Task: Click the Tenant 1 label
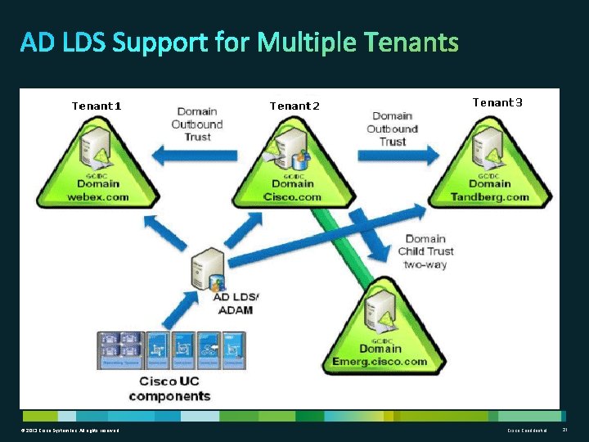point(97,106)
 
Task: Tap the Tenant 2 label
point(294,106)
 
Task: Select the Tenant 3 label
point(497,102)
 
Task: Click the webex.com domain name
point(98,196)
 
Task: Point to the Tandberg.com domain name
point(490,196)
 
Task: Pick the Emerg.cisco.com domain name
point(380,361)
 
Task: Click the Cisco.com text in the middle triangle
point(294,196)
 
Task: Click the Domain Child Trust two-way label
point(425,251)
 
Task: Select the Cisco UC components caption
point(169,389)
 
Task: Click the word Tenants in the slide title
point(411,42)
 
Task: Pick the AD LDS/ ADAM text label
point(235,303)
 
